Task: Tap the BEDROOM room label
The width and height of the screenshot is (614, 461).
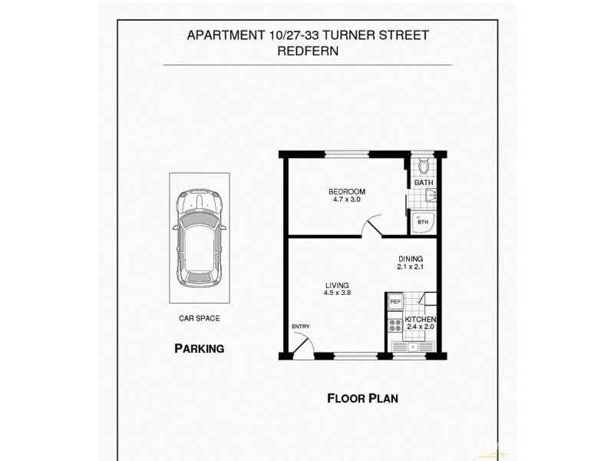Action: click(x=347, y=191)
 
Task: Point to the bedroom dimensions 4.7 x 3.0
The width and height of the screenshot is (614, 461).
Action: click(x=347, y=200)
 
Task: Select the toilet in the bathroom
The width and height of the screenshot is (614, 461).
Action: click(x=424, y=165)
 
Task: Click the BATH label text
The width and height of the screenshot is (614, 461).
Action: click(x=424, y=183)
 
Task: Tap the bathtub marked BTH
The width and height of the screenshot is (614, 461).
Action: click(x=423, y=222)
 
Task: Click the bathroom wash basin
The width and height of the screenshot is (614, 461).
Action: click(x=430, y=197)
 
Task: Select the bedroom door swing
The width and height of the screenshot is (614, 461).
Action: click(x=370, y=226)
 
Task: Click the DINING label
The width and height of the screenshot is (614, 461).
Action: click(x=411, y=259)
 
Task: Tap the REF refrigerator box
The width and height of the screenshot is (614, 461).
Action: click(x=395, y=302)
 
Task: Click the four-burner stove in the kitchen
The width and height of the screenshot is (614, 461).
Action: click(x=395, y=323)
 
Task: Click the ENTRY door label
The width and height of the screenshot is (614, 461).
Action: click(x=300, y=327)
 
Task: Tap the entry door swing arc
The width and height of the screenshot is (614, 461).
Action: click(x=302, y=345)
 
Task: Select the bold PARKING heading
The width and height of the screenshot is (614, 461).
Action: click(x=199, y=348)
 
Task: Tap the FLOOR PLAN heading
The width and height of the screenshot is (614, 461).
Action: click(x=362, y=398)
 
